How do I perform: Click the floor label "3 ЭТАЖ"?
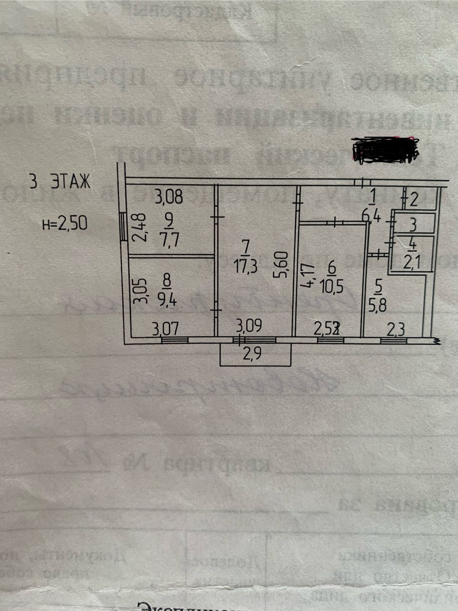pyautogui.click(x=60, y=182)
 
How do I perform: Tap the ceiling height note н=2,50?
pyautogui.click(x=65, y=223)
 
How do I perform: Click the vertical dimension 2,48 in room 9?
pyautogui.click(x=139, y=228)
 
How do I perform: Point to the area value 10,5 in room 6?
pyautogui.click(x=331, y=286)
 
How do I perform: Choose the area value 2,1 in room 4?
pyautogui.click(x=411, y=262)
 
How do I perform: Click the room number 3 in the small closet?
pyautogui.click(x=412, y=225)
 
